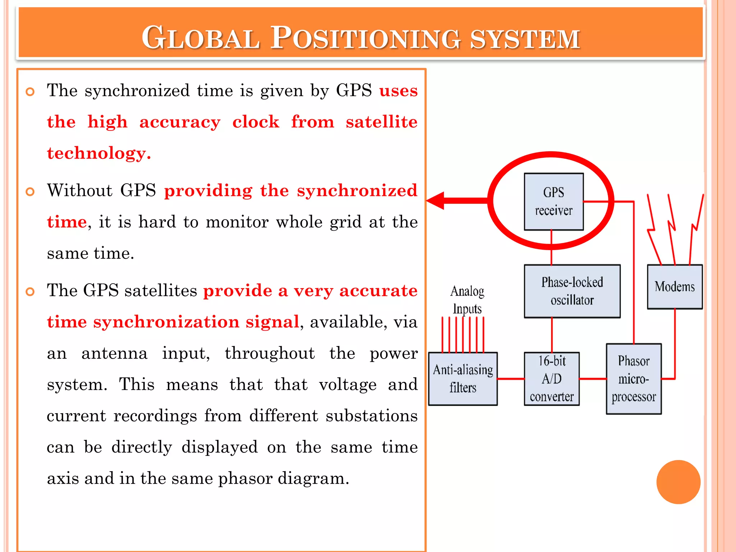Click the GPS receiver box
(x=553, y=202)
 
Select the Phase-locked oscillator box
(x=572, y=291)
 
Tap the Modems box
(x=675, y=287)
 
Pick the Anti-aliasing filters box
(x=463, y=379)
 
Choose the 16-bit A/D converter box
(x=552, y=379)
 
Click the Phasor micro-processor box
(x=634, y=379)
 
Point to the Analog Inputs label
(x=467, y=300)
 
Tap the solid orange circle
(x=678, y=482)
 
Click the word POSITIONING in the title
(x=365, y=38)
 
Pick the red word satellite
(x=381, y=122)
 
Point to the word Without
(x=80, y=190)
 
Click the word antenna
(x=114, y=353)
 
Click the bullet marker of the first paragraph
(x=31, y=92)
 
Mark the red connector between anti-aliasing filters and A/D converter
(x=511, y=379)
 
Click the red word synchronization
(x=166, y=322)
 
